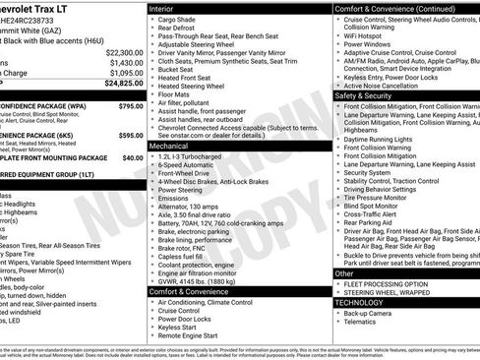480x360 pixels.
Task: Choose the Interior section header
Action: (x=167, y=8)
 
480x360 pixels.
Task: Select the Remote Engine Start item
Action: (x=195, y=336)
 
